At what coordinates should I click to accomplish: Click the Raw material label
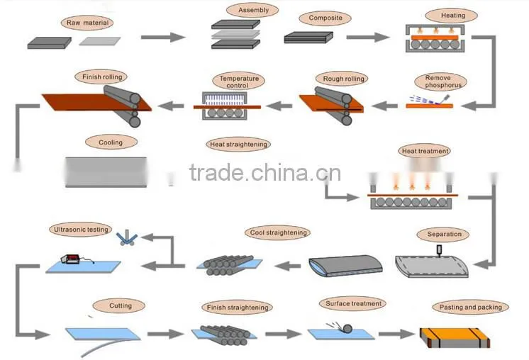click(87, 23)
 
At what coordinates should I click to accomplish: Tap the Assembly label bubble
click(252, 10)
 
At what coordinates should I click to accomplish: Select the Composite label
click(325, 18)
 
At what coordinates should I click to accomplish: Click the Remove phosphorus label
click(441, 81)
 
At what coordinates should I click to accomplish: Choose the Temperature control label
click(239, 81)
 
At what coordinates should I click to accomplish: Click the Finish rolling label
click(101, 77)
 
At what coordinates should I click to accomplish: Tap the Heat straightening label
click(238, 145)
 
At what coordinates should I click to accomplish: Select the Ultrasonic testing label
click(81, 230)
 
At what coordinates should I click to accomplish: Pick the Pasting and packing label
click(470, 307)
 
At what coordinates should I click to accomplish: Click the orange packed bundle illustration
click(455, 338)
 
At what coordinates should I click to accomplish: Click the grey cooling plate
click(106, 172)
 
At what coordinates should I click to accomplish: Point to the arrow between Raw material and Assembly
click(163, 37)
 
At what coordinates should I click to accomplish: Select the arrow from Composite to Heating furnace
click(368, 37)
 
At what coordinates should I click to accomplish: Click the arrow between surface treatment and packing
click(397, 334)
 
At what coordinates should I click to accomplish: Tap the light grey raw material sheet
click(100, 41)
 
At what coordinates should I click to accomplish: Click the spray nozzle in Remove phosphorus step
click(445, 99)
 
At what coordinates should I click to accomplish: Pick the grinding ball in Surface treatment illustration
click(347, 328)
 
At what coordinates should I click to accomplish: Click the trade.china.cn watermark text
click(265, 172)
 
